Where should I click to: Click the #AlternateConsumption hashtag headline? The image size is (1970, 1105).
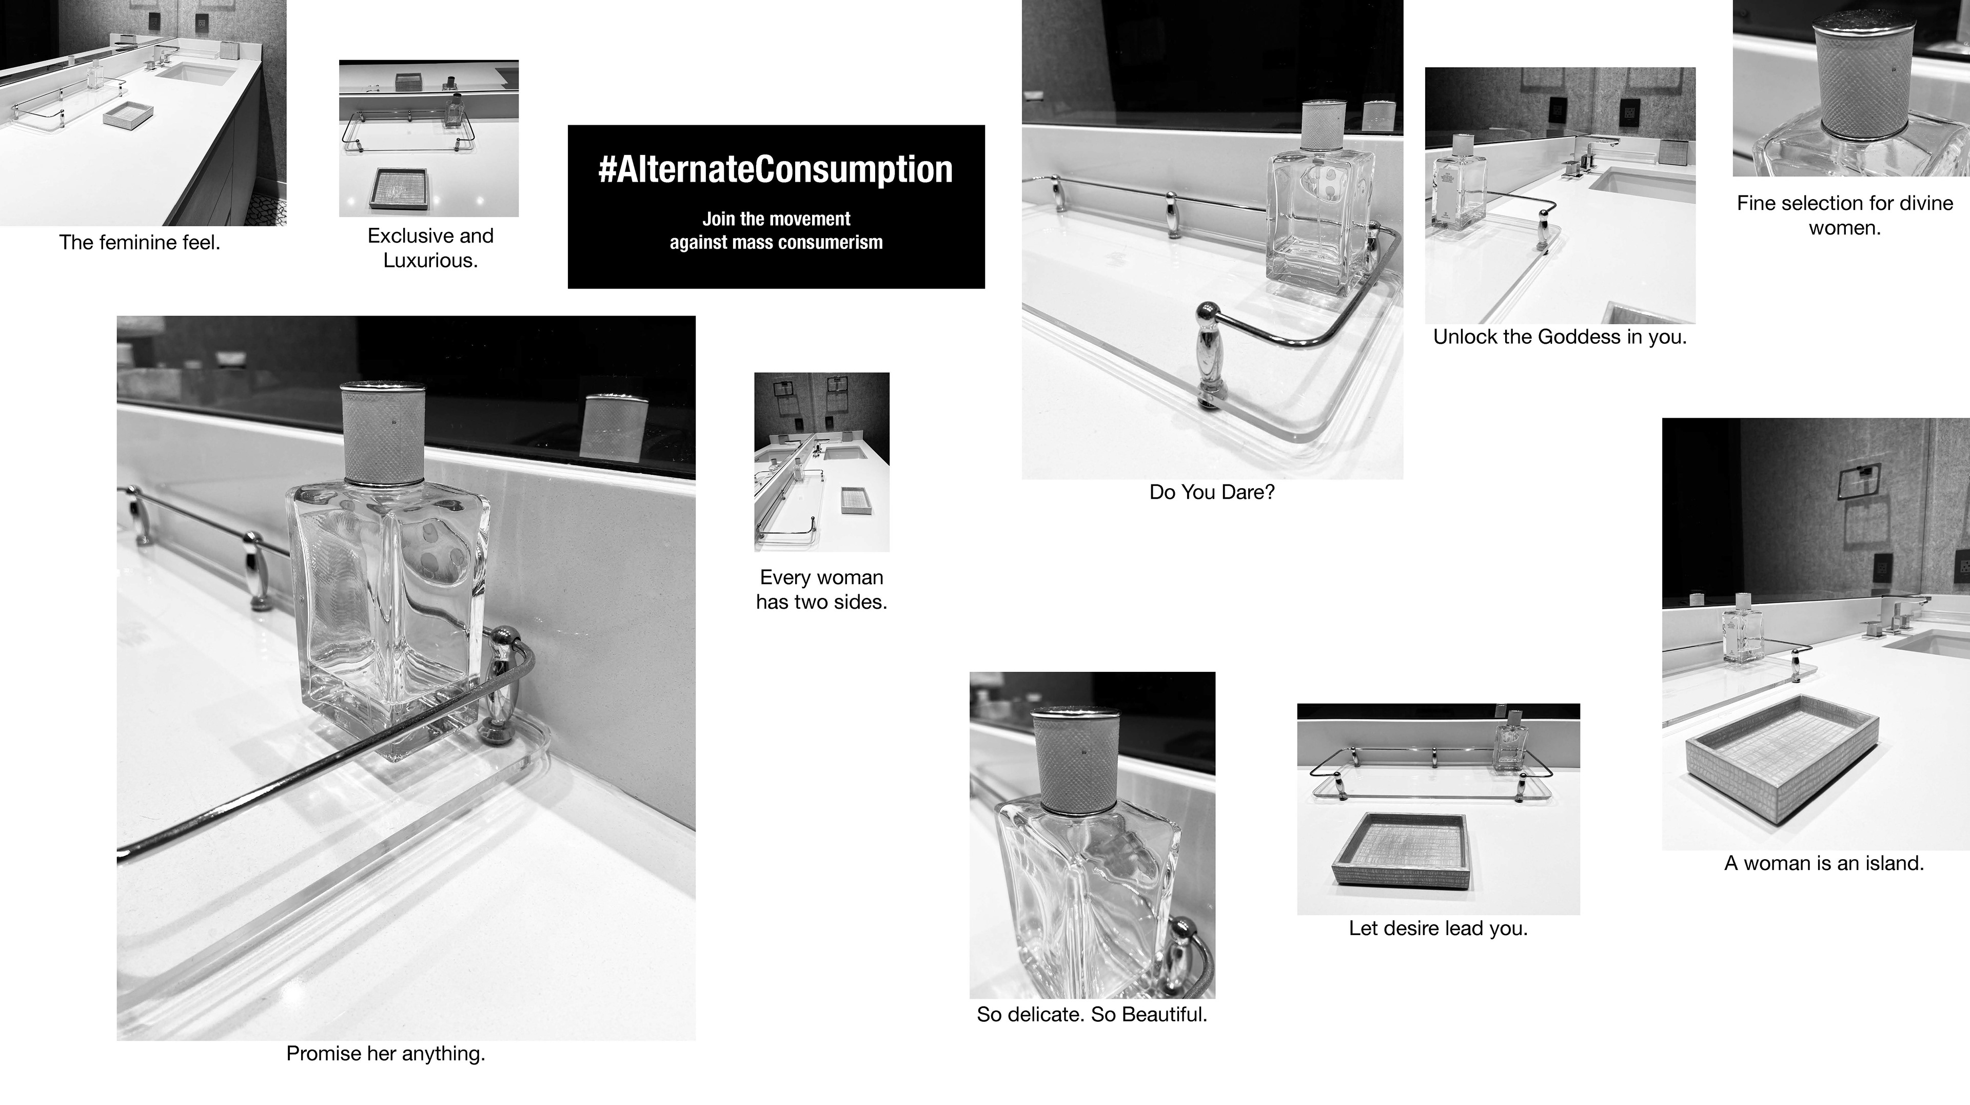click(x=776, y=169)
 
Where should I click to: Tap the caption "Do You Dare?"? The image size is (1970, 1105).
click(x=1212, y=492)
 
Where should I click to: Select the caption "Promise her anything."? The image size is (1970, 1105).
click(x=385, y=1054)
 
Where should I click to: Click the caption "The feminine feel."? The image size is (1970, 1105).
click(x=140, y=243)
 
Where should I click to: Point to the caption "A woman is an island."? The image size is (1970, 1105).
click(x=1824, y=863)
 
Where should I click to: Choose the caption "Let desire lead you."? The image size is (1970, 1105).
click(x=1437, y=928)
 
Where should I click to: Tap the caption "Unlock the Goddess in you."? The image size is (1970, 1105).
click(x=1560, y=337)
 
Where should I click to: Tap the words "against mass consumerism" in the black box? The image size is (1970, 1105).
click(x=776, y=243)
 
